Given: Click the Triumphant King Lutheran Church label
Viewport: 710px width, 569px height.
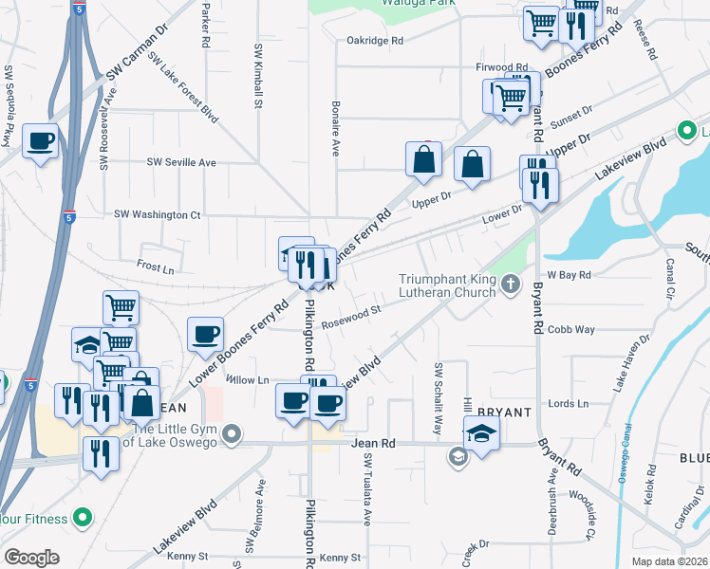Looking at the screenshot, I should [447, 285].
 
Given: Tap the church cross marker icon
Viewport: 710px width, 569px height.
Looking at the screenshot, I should [511, 283].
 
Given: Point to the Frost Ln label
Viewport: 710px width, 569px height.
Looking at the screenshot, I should [155, 268].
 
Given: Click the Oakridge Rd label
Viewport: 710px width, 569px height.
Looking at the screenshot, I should [376, 41].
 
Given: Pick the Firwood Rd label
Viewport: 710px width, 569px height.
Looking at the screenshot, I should [500, 67].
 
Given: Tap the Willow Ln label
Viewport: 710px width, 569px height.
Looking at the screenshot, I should [249, 379].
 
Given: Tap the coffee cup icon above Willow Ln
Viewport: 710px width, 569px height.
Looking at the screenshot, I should [206, 334].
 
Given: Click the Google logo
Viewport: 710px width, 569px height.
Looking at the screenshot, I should [31, 558].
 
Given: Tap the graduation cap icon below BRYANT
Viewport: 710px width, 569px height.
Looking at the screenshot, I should [482, 435].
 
